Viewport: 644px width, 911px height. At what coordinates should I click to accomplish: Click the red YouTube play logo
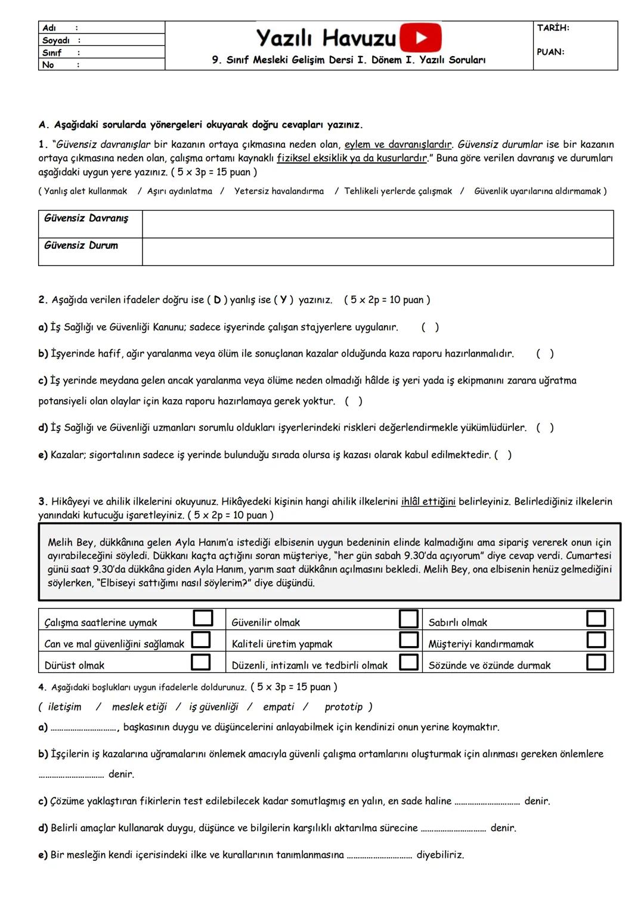click(420, 38)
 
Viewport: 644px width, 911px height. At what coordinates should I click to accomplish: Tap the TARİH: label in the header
click(553, 28)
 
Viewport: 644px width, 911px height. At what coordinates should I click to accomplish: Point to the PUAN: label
click(550, 52)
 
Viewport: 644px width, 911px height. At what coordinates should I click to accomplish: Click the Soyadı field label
click(55, 41)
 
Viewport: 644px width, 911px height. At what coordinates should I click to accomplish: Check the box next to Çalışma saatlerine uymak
click(203, 618)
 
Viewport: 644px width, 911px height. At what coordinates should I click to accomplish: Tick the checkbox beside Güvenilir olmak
click(408, 619)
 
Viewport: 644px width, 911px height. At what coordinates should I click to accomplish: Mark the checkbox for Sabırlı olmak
click(596, 619)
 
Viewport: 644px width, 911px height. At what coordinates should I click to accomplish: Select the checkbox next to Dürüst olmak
click(201, 662)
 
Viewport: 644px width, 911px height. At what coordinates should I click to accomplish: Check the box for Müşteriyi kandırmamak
click(596, 640)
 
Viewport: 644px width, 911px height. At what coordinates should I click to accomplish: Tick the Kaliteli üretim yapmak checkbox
click(408, 640)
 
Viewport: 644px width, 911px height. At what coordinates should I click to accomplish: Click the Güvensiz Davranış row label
click(86, 218)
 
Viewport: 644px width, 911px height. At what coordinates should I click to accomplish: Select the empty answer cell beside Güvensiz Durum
click(377, 252)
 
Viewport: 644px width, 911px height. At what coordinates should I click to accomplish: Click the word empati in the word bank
click(278, 707)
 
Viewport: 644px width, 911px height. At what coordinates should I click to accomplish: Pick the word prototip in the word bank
click(343, 707)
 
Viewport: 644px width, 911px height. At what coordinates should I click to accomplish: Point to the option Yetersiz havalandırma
click(278, 192)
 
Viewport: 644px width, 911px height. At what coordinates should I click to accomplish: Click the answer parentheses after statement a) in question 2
click(430, 327)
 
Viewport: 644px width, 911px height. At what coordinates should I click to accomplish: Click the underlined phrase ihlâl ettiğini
click(428, 502)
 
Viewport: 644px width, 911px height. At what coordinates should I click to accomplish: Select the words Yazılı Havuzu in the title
click(326, 38)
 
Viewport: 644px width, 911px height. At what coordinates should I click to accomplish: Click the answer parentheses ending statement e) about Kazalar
click(503, 455)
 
